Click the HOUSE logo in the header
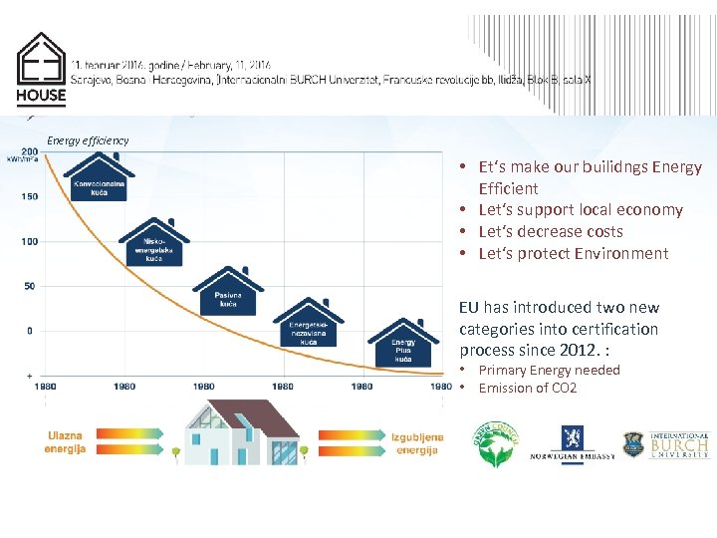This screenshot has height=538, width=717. click(41, 69)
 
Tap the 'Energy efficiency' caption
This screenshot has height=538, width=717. click(88, 140)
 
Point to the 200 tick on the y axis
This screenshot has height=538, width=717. click(30, 152)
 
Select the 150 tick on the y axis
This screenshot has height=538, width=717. click(30, 196)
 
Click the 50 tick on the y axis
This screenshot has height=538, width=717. click(30, 286)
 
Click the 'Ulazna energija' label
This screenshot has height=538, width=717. click(65, 442)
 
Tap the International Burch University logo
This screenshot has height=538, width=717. click(665, 444)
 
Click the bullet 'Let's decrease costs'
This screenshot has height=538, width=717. click(551, 231)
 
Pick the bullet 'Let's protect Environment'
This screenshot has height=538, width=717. click(573, 253)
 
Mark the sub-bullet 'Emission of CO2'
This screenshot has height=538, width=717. click(527, 388)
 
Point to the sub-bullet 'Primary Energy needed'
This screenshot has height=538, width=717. click(549, 370)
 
